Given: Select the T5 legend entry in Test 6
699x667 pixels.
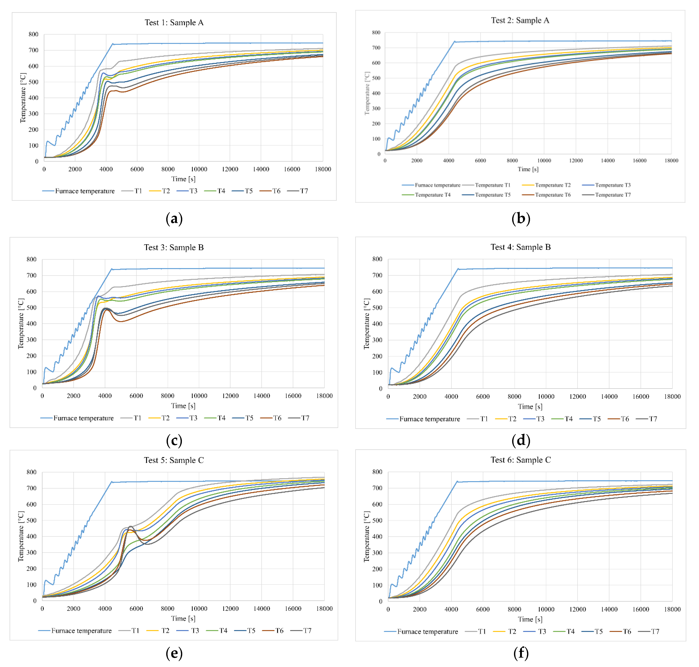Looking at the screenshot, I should pyautogui.click(x=598, y=631).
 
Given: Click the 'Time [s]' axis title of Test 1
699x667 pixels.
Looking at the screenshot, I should pyautogui.click(x=183, y=179).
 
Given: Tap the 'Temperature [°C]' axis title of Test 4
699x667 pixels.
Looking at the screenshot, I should pyautogui.click(x=366, y=324).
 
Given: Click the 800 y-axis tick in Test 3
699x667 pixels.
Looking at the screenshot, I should pyautogui.click(x=32, y=259).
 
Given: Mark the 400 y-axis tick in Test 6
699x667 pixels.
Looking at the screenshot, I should pyautogui.click(x=377, y=536).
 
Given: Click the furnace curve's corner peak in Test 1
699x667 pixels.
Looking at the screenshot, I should pyautogui.click(x=113, y=44).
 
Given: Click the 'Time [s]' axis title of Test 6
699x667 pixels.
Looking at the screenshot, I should pyautogui.click(x=530, y=619).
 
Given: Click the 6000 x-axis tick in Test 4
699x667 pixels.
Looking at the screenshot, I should pyautogui.click(x=483, y=396).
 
